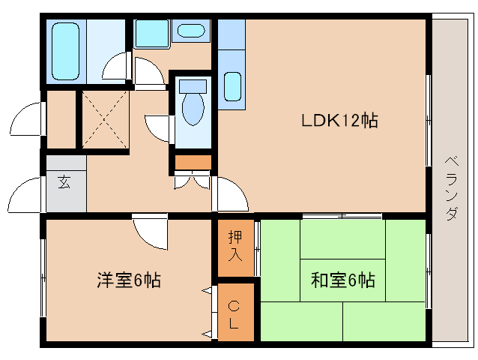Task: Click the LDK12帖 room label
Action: point(339,120)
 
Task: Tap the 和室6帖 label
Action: point(342,280)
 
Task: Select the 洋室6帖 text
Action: point(128,280)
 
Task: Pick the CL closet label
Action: point(235,314)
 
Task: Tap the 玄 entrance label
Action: point(64,182)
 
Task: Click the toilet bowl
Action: point(193,109)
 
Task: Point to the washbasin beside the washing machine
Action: point(192,31)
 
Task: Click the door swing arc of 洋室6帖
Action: point(152,233)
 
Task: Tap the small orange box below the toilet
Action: point(193,161)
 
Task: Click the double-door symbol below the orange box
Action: point(192,180)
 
